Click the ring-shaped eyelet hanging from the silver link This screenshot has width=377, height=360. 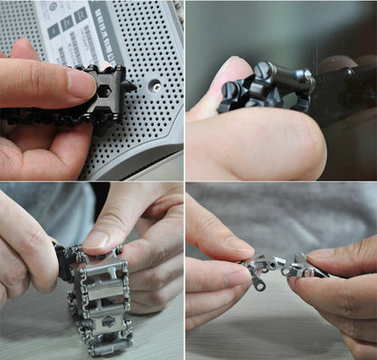tap(259, 285)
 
